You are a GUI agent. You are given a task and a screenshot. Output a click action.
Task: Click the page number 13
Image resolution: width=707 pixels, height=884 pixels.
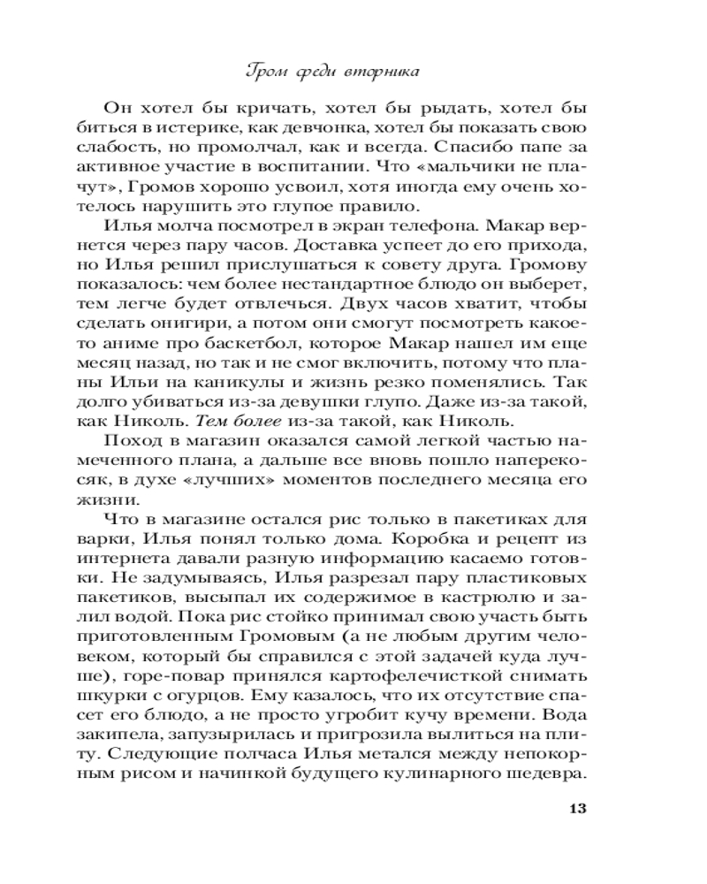574,808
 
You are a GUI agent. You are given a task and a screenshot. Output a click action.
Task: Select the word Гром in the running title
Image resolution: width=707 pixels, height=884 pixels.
263,71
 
